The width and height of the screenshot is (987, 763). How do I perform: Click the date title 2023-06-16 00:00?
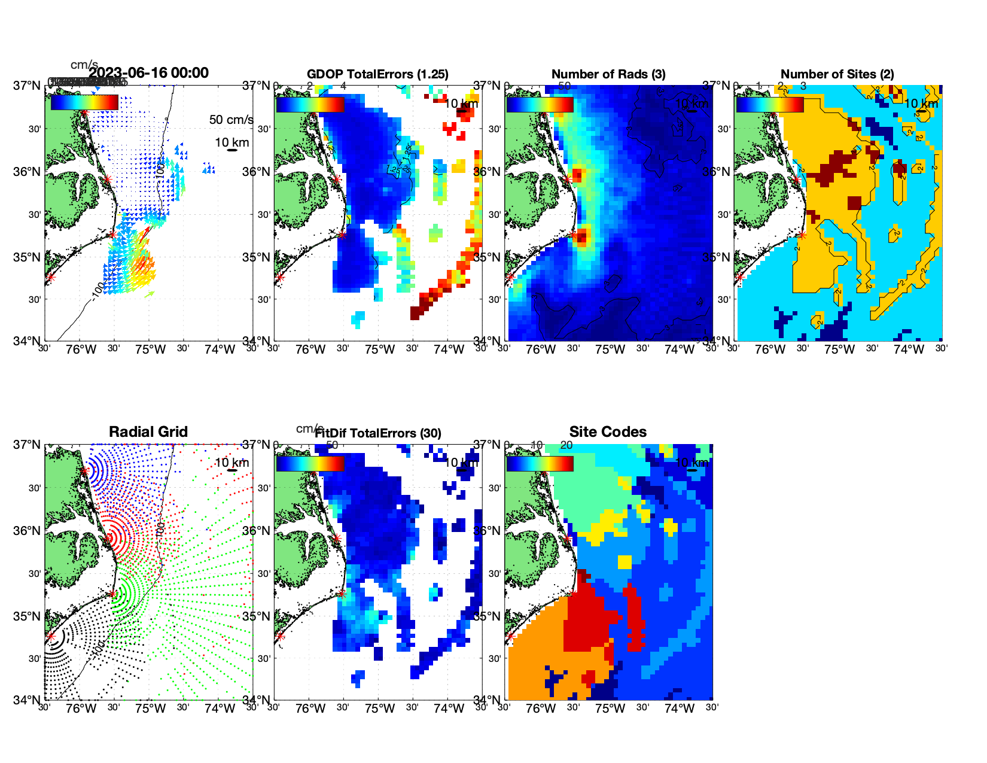click(x=148, y=73)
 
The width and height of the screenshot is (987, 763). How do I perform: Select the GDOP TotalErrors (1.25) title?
click(x=377, y=74)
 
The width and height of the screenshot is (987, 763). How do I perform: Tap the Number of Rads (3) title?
click(x=608, y=74)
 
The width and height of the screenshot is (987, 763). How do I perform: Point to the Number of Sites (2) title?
click(x=837, y=74)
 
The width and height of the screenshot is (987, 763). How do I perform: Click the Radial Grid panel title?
click(x=148, y=432)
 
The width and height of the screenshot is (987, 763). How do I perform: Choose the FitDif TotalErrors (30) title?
click(x=378, y=433)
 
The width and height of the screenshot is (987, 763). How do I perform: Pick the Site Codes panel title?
click(x=608, y=432)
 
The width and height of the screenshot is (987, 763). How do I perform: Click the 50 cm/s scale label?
click(x=231, y=120)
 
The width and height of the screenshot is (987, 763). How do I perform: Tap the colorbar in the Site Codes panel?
click(x=540, y=464)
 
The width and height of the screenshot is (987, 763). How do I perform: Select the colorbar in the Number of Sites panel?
click(x=770, y=104)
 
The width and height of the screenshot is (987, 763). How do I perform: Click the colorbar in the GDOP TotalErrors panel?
click(x=310, y=104)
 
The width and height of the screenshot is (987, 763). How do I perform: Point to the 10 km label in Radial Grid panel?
click(x=231, y=463)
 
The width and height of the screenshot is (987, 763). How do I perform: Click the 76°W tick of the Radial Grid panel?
click(x=81, y=709)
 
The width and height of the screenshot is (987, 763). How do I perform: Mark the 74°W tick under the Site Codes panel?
click(x=680, y=709)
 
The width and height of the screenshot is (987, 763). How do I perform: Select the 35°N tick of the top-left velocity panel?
click(x=28, y=258)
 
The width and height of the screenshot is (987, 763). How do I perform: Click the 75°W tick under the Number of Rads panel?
click(x=610, y=350)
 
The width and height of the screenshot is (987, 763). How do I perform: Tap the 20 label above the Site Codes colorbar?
click(x=566, y=445)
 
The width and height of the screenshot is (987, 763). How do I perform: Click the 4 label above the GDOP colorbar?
click(x=343, y=86)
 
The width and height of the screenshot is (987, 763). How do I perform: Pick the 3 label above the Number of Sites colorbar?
click(x=803, y=86)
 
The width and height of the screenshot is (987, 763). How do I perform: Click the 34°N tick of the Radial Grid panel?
click(x=28, y=700)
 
